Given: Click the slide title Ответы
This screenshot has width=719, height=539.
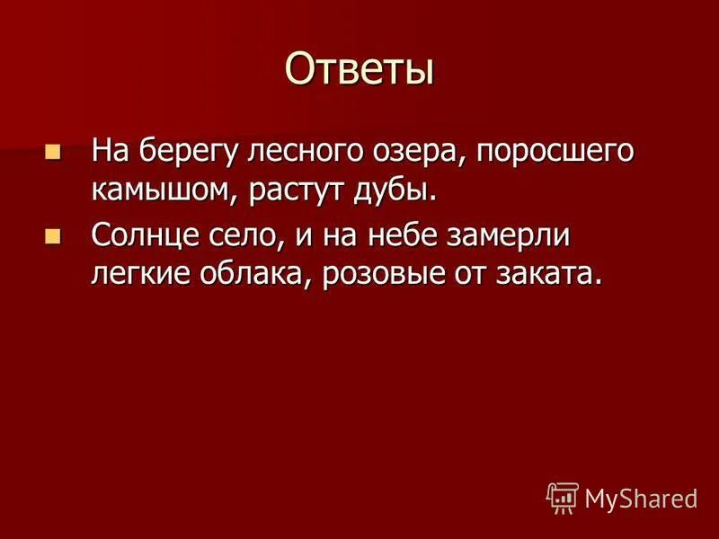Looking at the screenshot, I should point(359,68).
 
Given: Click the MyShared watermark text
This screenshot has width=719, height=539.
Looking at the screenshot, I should point(640,497).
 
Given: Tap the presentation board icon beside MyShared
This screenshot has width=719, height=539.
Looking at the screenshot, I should point(562,497).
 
